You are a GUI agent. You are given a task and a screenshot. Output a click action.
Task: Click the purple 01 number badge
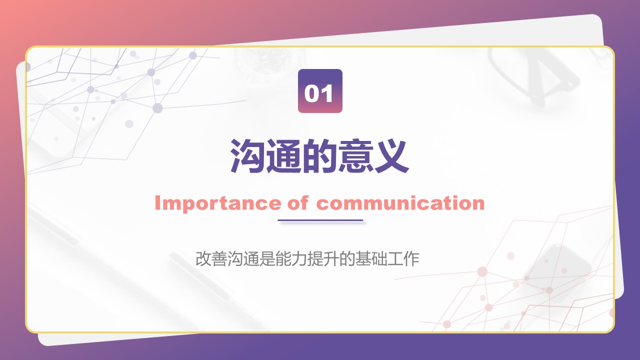[x=320, y=91]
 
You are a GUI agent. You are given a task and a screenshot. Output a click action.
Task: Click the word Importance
[x=218, y=204]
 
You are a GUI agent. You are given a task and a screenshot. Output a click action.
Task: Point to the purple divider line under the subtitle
[x=320, y=220]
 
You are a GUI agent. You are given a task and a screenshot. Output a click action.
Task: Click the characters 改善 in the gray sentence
[x=211, y=259]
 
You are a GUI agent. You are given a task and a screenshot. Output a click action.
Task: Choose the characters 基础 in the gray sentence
[x=371, y=259]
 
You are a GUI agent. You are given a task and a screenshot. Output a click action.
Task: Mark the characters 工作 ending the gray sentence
[x=403, y=259]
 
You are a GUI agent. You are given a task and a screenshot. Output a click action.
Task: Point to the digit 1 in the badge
[x=327, y=93]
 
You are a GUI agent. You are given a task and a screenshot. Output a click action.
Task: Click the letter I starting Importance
[x=157, y=203]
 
